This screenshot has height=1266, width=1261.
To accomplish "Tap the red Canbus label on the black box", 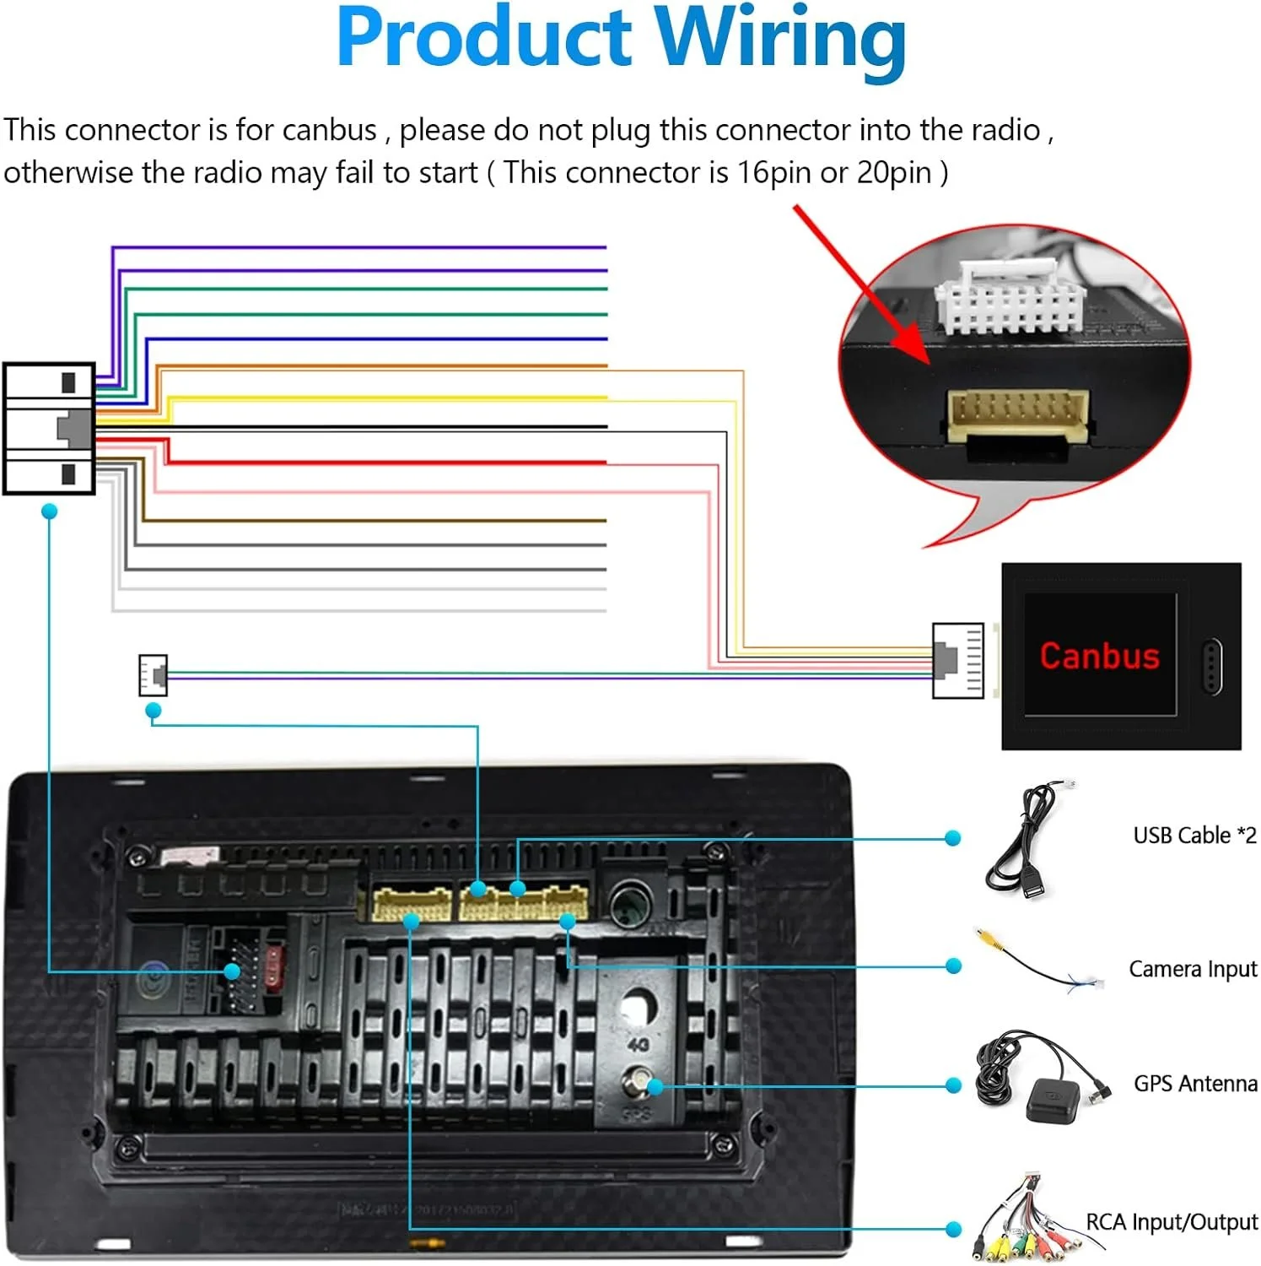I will click(1099, 656).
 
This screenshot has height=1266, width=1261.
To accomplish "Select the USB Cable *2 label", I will click(1194, 836).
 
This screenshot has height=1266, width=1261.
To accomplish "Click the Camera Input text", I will click(1193, 969).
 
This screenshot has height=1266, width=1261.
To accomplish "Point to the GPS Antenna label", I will click(1194, 1084).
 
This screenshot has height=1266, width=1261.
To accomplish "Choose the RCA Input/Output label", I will click(1172, 1222).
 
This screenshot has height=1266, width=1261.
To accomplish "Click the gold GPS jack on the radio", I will click(636, 1080).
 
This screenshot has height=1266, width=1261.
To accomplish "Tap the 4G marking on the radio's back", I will click(639, 1045).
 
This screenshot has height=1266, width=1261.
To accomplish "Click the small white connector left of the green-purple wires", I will click(153, 675).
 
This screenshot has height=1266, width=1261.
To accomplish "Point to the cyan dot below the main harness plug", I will click(50, 511).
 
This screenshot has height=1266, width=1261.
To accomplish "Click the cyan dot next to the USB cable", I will click(953, 838).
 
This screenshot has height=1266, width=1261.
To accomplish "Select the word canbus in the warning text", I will click(329, 131).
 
